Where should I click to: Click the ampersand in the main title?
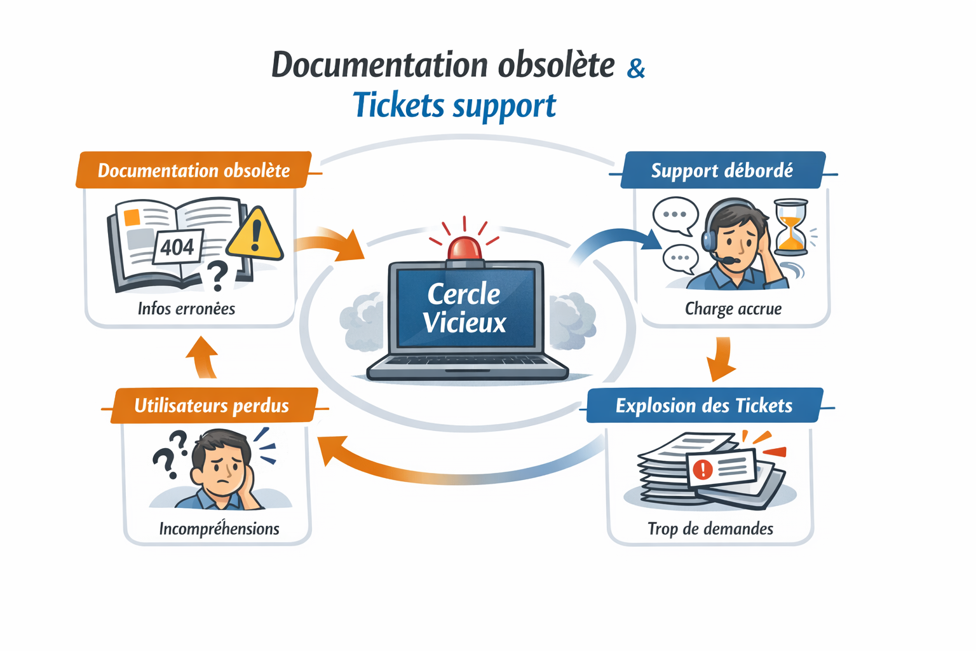pyautogui.click(x=635, y=68)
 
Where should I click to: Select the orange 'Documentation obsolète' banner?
pyautogui.click(x=193, y=170)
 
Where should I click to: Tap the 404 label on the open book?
pyautogui.click(x=177, y=247)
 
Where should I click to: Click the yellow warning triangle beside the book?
pyautogui.click(x=255, y=236)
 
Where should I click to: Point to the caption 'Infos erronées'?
pyautogui.click(x=186, y=309)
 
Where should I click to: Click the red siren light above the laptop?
pyautogui.click(x=464, y=248)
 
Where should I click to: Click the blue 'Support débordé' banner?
pyautogui.click(x=722, y=170)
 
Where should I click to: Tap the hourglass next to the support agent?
pyautogui.click(x=790, y=227)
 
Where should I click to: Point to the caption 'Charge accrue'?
pyautogui.click(x=733, y=309)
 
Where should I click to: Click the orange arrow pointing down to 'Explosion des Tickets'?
pyautogui.click(x=722, y=360)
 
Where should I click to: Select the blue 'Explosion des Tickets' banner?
pyautogui.click(x=704, y=406)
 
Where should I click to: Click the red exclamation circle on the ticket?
pyautogui.click(x=702, y=470)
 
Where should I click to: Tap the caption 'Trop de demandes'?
pyautogui.click(x=710, y=529)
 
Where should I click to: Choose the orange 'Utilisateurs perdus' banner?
pyautogui.click(x=212, y=406)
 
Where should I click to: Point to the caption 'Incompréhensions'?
pyautogui.click(x=219, y=529)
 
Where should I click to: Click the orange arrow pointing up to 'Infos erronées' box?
pyautogui.click(x=203, y=357)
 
